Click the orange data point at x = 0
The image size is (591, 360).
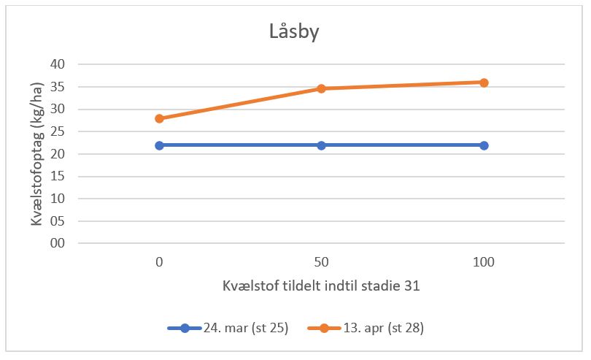coord(159,118)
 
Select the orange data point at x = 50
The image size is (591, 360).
coord(321,88)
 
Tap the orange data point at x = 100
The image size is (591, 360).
coord(484,83)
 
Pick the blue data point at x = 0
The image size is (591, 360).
coord(159,145)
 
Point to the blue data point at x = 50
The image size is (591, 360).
coord(321,145)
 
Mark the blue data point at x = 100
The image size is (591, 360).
coord(484,145)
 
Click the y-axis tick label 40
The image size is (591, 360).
coord(58,65)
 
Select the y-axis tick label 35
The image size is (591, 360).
coord(58,87)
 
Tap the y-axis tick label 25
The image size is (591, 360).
coord(58,132)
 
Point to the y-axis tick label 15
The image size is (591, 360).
coord(58,177)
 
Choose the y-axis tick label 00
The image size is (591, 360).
coord(58,243)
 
